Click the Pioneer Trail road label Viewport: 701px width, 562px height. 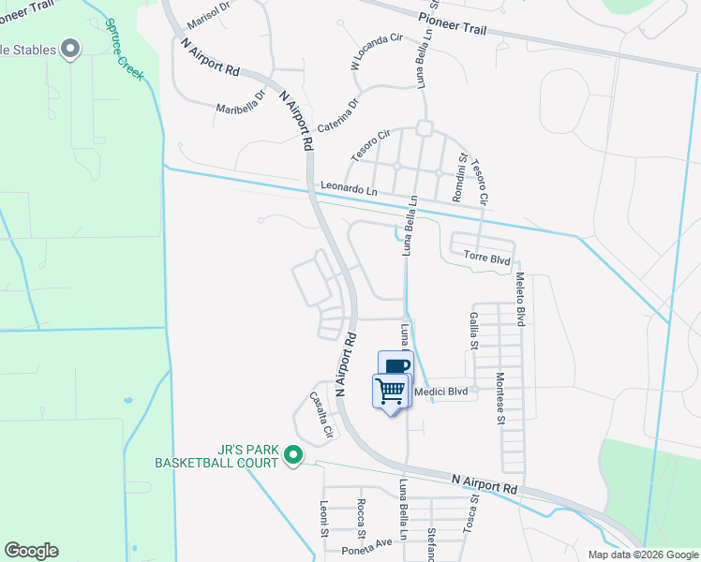[452, 18]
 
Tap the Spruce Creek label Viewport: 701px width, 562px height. [124, 50]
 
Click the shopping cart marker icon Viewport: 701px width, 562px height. [391, 389]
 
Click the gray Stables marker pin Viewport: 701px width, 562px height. [70, 48]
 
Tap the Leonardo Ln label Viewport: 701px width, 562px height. [349, 188]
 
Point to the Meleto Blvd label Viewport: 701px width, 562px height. [518, 299]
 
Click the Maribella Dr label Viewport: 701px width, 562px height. [243, 107]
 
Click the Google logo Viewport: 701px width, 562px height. [31, 551]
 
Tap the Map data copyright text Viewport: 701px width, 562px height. [642, 555]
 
